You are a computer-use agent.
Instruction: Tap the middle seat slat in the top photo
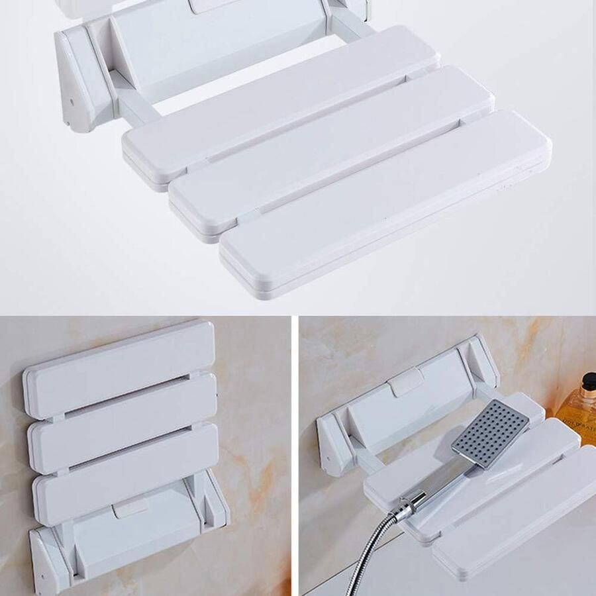[331, 152]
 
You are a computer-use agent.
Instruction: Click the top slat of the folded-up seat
[119, 368]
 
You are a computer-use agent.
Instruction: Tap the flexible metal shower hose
[371, 550]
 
